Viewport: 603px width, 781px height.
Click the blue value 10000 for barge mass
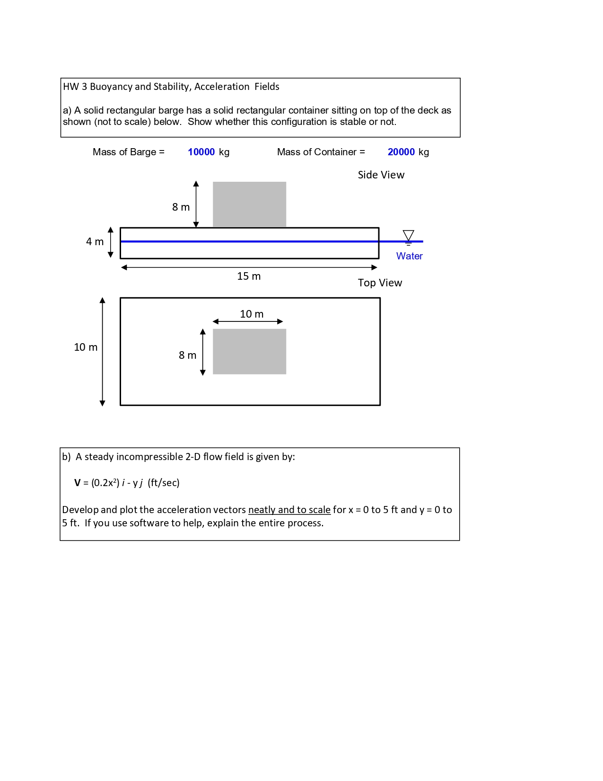201,152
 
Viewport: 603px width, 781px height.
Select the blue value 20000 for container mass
401,152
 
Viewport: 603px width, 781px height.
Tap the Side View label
381,175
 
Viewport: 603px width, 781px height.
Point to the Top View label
380,283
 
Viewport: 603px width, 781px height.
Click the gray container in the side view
249,204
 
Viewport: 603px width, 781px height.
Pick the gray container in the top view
249,352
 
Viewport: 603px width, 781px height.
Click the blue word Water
409,256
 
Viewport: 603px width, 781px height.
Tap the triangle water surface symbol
408,235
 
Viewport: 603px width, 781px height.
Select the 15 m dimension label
249,276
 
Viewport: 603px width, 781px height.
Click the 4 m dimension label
95,242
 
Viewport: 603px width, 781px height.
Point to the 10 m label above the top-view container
252,314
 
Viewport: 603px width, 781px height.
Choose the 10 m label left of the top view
86,347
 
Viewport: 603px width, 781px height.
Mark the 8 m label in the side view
181,207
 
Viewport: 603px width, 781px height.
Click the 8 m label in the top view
187,355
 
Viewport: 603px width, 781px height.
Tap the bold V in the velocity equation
77,483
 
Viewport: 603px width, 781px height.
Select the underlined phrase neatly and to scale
289,510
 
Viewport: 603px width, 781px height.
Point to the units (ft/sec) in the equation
164,483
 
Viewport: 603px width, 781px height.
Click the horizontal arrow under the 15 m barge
249,267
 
